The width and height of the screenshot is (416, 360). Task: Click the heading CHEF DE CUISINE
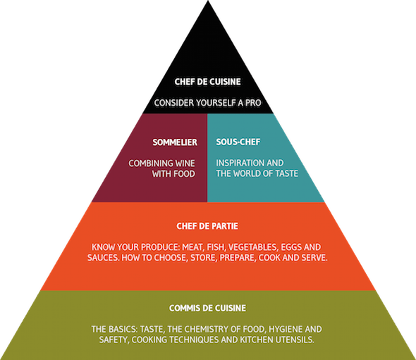coord(208,82)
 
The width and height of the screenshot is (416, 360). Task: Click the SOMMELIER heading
coord(175,142)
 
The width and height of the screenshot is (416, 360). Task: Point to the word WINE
coord(185,163)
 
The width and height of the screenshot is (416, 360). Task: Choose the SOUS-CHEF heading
coord(238,142)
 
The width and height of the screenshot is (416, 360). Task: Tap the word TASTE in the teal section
coord(287,173)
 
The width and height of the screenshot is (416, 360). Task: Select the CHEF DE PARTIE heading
coord(207,226)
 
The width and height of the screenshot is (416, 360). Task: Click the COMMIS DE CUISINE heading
coord(208,308)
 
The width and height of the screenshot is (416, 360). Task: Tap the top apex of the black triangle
coord(208,1)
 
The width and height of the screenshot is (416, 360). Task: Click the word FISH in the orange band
coord(216,247)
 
